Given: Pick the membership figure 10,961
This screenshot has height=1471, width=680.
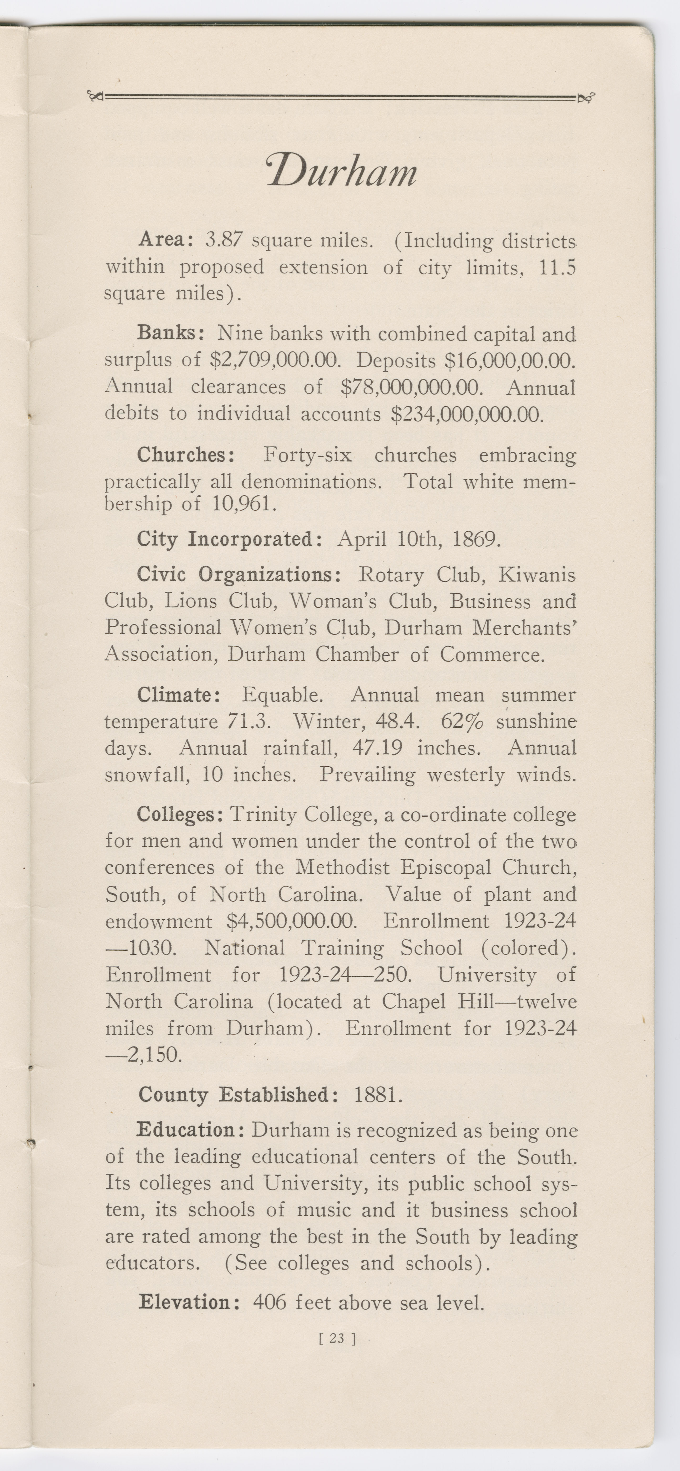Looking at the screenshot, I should pos(244,504).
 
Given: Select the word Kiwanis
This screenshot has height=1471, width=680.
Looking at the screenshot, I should pos(537,574).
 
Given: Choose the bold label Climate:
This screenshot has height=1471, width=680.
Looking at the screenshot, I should pos(179,695).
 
